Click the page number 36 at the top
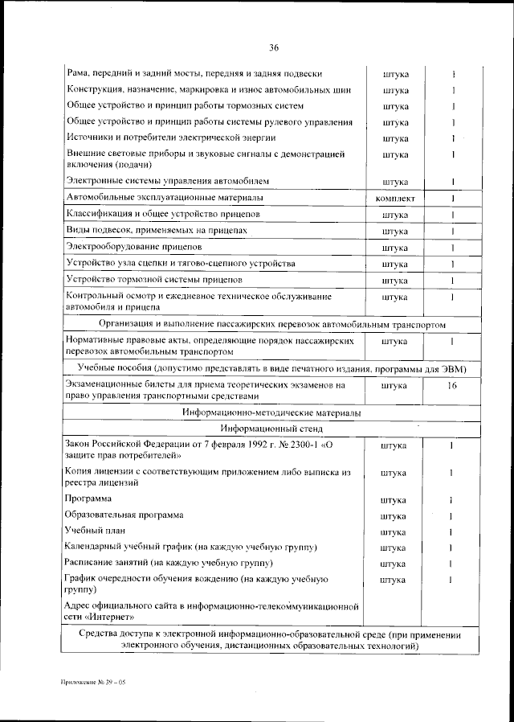(273, 47)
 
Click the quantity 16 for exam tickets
(452, 386)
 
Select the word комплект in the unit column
(395, 198)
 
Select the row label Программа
(88, 499)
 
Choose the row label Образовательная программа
(124, 515)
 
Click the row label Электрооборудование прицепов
(134, 247)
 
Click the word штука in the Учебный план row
(394, 532)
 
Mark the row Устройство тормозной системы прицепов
(155, 280)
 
